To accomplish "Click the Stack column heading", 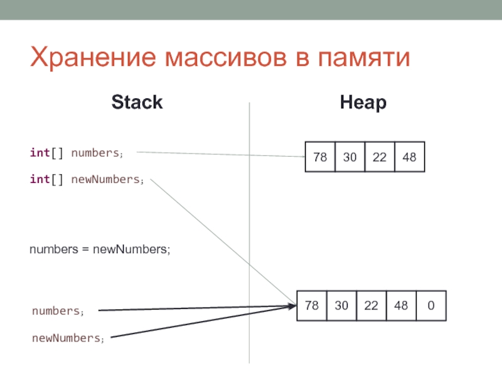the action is (137, 102).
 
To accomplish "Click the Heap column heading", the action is (363, 102).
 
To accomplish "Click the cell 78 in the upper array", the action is (320, 157).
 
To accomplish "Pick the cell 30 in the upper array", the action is (350, 157).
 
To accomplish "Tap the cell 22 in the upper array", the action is (380, 157).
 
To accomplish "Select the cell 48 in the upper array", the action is (410, 157).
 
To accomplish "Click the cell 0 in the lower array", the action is (431, 306).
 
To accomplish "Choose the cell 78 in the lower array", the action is (311, 306).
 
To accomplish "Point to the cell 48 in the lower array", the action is (401, 306).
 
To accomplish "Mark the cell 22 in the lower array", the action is (371, 306).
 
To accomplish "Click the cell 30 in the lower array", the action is (341, 306).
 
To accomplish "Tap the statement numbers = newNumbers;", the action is (100, 249).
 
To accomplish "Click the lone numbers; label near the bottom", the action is (58, 311).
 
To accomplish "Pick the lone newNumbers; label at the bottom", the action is (68, 338).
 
